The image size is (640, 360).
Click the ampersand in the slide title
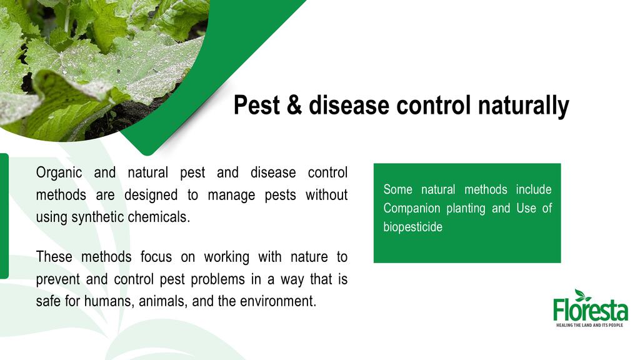pos(294,105)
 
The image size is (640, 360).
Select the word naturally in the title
pos(523,106)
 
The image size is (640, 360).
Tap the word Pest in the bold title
pos(257,105)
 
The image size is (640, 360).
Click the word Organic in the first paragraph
pos(59,172)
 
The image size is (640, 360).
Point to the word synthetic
pos(98,217)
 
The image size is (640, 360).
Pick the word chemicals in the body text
pos(159,217)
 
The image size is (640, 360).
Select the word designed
pos(151,195)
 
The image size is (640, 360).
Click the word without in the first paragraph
pos(326,194)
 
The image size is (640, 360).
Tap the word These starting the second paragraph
pos(54,257)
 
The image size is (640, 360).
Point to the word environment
pos(278,301)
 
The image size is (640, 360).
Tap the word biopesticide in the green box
pos(412,227)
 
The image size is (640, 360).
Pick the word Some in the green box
pos(398,189)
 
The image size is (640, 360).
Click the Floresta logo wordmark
pos(590,311)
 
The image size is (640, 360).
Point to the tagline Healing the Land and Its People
pos(590,325)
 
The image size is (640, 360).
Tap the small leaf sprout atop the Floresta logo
pos(582,295)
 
